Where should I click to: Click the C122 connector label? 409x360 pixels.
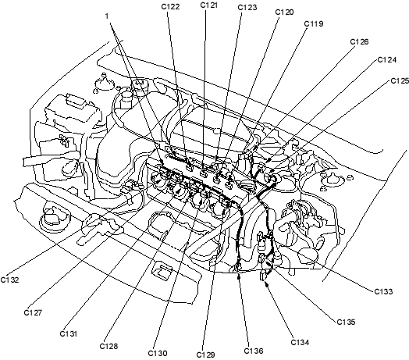(170, 7)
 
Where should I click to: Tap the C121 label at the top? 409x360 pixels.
(209, 5)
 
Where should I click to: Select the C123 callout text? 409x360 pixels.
(247, 8)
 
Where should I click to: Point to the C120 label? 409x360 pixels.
(285, 12)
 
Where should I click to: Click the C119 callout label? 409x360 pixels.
(314, 23)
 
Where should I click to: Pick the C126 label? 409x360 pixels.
(359, 41)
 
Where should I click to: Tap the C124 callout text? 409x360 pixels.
(387, 60)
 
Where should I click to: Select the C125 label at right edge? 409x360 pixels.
(400, 81)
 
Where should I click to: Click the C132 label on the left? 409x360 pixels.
(9, 280)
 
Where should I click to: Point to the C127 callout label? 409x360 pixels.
(33, 312)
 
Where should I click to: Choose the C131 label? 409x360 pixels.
(69, 333)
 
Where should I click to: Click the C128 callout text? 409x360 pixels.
(108, 346)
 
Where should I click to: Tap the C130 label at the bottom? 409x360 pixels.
(158, 353)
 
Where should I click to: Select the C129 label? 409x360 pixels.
(205, 355)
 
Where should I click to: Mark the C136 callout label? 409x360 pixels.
(254, 351)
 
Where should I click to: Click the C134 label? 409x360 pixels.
(300, 342)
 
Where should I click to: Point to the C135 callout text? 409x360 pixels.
(346, 323)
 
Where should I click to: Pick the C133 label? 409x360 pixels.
(383, 291)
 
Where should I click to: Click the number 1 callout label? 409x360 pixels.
(107, 16)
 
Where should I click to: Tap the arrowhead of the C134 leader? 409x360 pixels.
(267, 283)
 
